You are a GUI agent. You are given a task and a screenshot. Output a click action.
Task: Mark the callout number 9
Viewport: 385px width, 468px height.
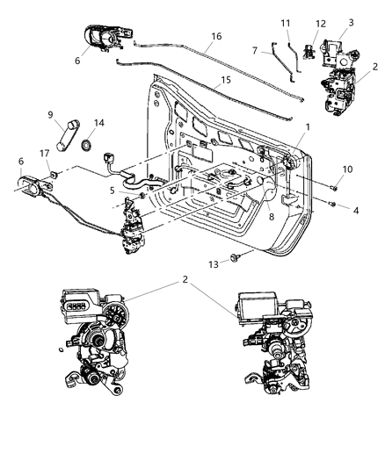(x=49, y=113)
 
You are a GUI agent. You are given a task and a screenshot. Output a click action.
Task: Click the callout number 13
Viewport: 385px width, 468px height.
(x=211, y=263)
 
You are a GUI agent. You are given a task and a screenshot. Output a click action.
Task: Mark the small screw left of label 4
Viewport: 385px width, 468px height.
(x=332, y=204)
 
